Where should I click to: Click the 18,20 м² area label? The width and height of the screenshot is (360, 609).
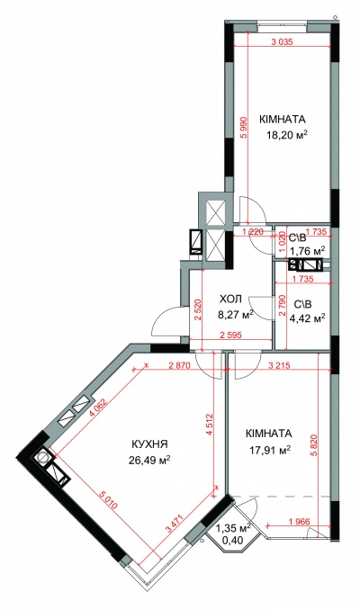click(x=286, y=135)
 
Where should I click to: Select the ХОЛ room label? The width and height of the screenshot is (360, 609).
click(x=230, y=299)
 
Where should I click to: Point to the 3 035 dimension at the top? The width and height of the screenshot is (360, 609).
click(x=281, y=41)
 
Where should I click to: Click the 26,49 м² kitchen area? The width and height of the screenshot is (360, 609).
click(x=149, y=461)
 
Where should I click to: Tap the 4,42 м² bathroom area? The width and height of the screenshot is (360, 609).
click(x=308, y=318)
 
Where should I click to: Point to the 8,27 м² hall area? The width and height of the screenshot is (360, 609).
click(x=236, y=313)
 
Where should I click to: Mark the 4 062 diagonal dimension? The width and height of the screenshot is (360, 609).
click(x=97, y=408)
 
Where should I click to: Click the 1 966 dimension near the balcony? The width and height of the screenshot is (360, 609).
click(x=300, y=522)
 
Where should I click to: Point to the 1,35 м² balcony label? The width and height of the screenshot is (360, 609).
click(x=233, y=528)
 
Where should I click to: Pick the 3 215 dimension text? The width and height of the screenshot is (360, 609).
click(x=279, y=365)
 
